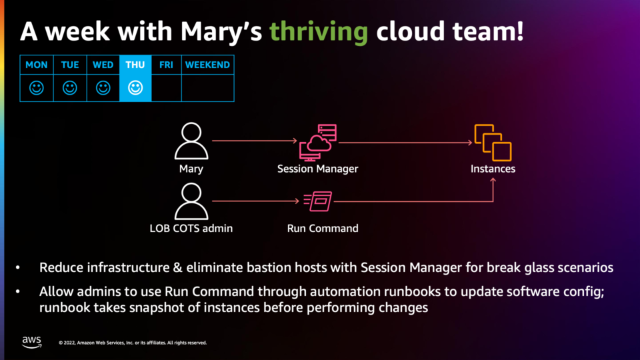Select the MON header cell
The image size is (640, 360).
tap(36, 65)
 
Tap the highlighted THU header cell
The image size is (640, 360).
tap(135, 65)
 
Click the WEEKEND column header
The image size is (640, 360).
tap(207, 65)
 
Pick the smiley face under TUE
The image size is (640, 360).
tap(70, 88)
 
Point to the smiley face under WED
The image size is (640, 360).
tap(103, 88)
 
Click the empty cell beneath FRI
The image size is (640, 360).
tap(166, 88)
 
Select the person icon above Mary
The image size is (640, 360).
tap(191, 141)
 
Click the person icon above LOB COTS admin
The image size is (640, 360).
tap(191, 201)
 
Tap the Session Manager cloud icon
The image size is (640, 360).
tap(318, 143)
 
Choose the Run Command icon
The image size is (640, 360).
tap(318, 201)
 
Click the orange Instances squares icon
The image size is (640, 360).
tap(493, 143)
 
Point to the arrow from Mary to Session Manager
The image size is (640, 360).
tap(254, 141)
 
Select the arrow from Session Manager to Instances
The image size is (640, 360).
tap(405, 143)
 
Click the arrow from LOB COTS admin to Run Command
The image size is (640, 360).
tap(255, 201)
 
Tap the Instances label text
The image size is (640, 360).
tap(493, 169)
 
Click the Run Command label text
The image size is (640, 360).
tap(323, 228)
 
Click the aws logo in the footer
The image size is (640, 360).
tap(32, 342)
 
